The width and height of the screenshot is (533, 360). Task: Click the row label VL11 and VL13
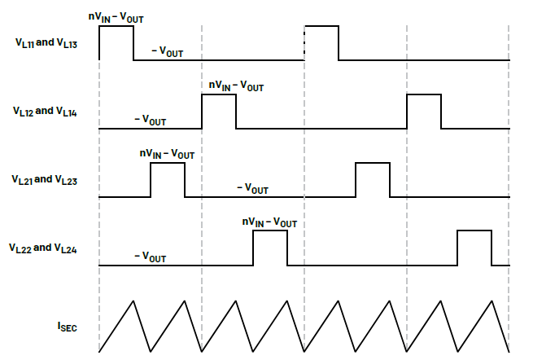pyautogui.click(x=46, y=42)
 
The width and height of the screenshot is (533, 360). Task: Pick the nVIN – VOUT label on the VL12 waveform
pyautogui.click(x=236, y=85)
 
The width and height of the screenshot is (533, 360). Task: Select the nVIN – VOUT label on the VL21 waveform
pyautogui.click(x=167, y=153)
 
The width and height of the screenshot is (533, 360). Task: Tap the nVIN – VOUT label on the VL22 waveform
pyautogui.click(x=269, y=222)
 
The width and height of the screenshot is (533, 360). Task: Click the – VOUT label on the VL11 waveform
pyautogui.click(x=168, y=52)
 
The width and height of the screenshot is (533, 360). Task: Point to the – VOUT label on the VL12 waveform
pyautogui.click(x=150, y=121)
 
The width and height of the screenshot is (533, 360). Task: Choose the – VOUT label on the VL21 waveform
pyautogui.click(x=252, y=188)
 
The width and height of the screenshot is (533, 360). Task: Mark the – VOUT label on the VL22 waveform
pyautogui.click(x=150, y=257)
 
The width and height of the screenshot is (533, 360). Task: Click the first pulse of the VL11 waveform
pyautogui.click(x=116, y=42)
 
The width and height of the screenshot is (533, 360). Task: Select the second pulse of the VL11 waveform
pyautogui.click(x=321, y=42)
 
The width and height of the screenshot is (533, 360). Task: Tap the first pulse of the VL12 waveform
pyautogui.click(x=219, y=111)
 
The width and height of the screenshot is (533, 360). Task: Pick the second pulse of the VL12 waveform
pyautogui.click(x=424, y=111)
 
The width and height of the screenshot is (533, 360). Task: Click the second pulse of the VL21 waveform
pyautogui.click(x=373, y=179)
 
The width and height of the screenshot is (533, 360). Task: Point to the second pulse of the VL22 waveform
pyautogui.click(x=475, y=248)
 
